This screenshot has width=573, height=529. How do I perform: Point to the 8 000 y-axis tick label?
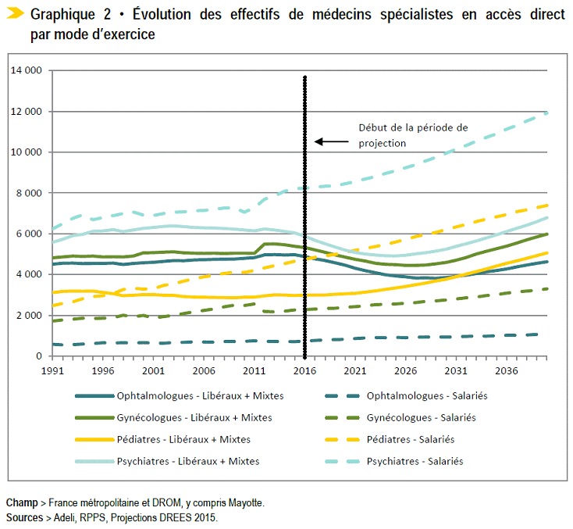[x=29, y=193]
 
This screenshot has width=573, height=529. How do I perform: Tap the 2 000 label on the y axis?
[x=29, y=316]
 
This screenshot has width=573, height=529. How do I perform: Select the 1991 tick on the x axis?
[x=52, y=370]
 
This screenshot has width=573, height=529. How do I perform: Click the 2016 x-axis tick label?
[x=305, y=370]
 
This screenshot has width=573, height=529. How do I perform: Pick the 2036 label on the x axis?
[x=507, y=370]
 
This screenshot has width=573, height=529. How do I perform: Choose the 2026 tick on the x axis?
[x=406, y=370]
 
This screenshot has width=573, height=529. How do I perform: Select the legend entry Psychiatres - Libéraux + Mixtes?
[x=187, y=462]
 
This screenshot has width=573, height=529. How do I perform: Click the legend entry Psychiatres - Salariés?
[x=415, y=462]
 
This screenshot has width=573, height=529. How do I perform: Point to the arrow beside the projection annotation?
[x=331, y=141]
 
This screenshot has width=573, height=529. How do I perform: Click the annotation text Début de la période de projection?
[x=401, y=134]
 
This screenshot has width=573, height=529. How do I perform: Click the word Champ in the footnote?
[x=21, y=503]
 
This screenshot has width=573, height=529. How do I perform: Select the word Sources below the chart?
[x=23, y=517]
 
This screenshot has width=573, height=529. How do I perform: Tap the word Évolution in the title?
[x=165, y=15]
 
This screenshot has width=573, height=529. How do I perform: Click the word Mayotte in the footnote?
[x=245, y=503]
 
